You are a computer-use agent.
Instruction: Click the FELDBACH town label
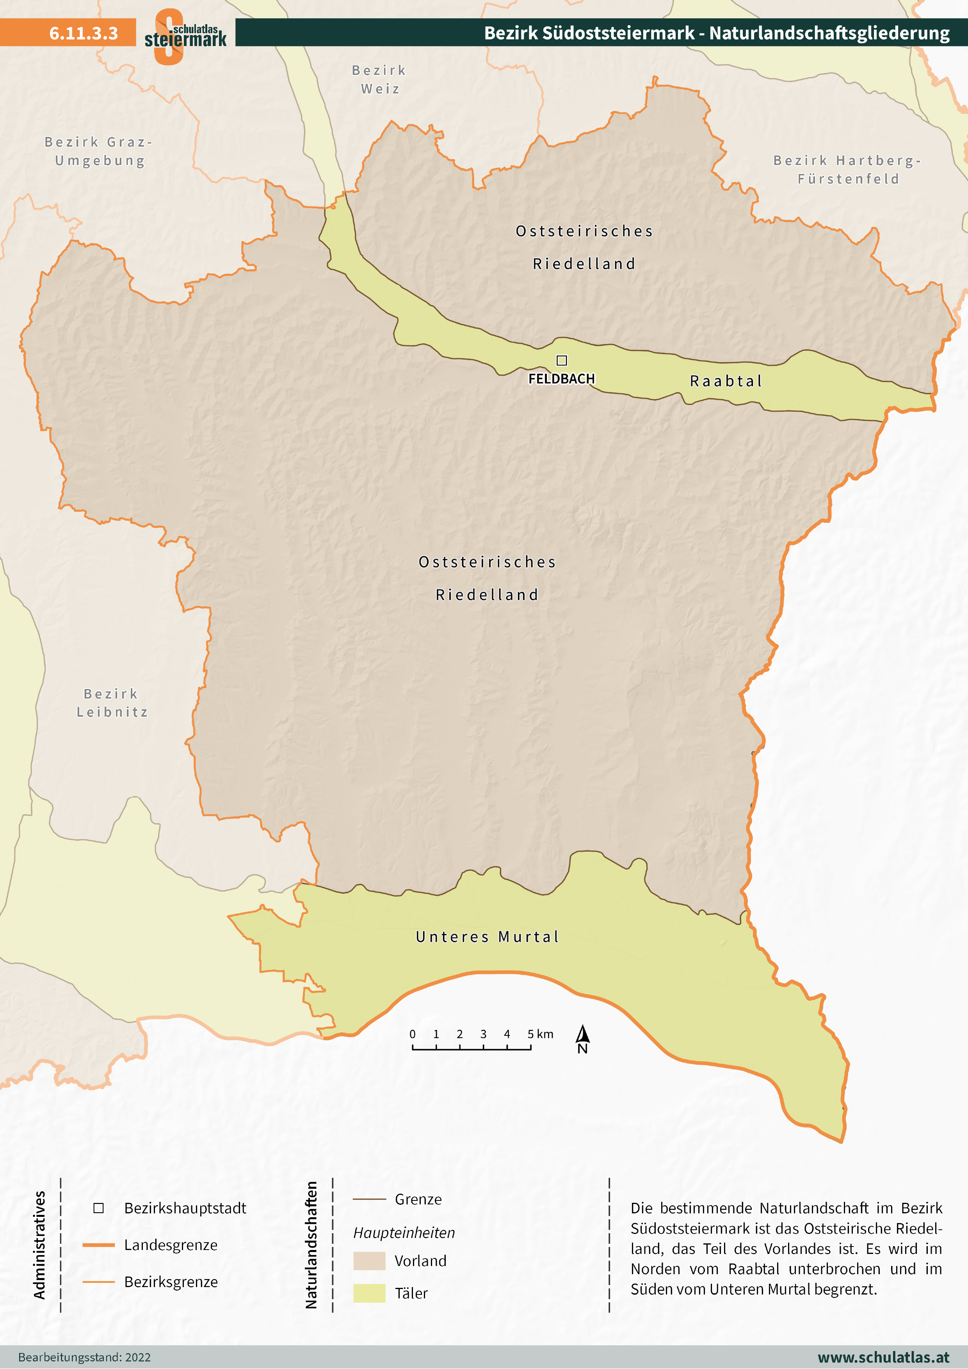561,378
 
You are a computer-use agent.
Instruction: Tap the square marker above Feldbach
561,360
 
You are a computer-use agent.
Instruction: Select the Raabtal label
726,381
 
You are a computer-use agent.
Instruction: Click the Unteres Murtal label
487,937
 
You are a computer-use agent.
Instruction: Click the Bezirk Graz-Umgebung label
99,151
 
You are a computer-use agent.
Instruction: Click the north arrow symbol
583,1039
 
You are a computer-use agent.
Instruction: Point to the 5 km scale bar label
540,1034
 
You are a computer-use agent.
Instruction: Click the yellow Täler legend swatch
369,1293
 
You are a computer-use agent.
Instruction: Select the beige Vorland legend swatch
369,1261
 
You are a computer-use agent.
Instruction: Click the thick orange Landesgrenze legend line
98,1245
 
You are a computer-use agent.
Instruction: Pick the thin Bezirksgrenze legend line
98,1281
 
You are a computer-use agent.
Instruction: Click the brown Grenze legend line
369,1199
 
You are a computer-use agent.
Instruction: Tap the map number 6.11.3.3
84,33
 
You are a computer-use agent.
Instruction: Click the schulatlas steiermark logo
185,36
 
